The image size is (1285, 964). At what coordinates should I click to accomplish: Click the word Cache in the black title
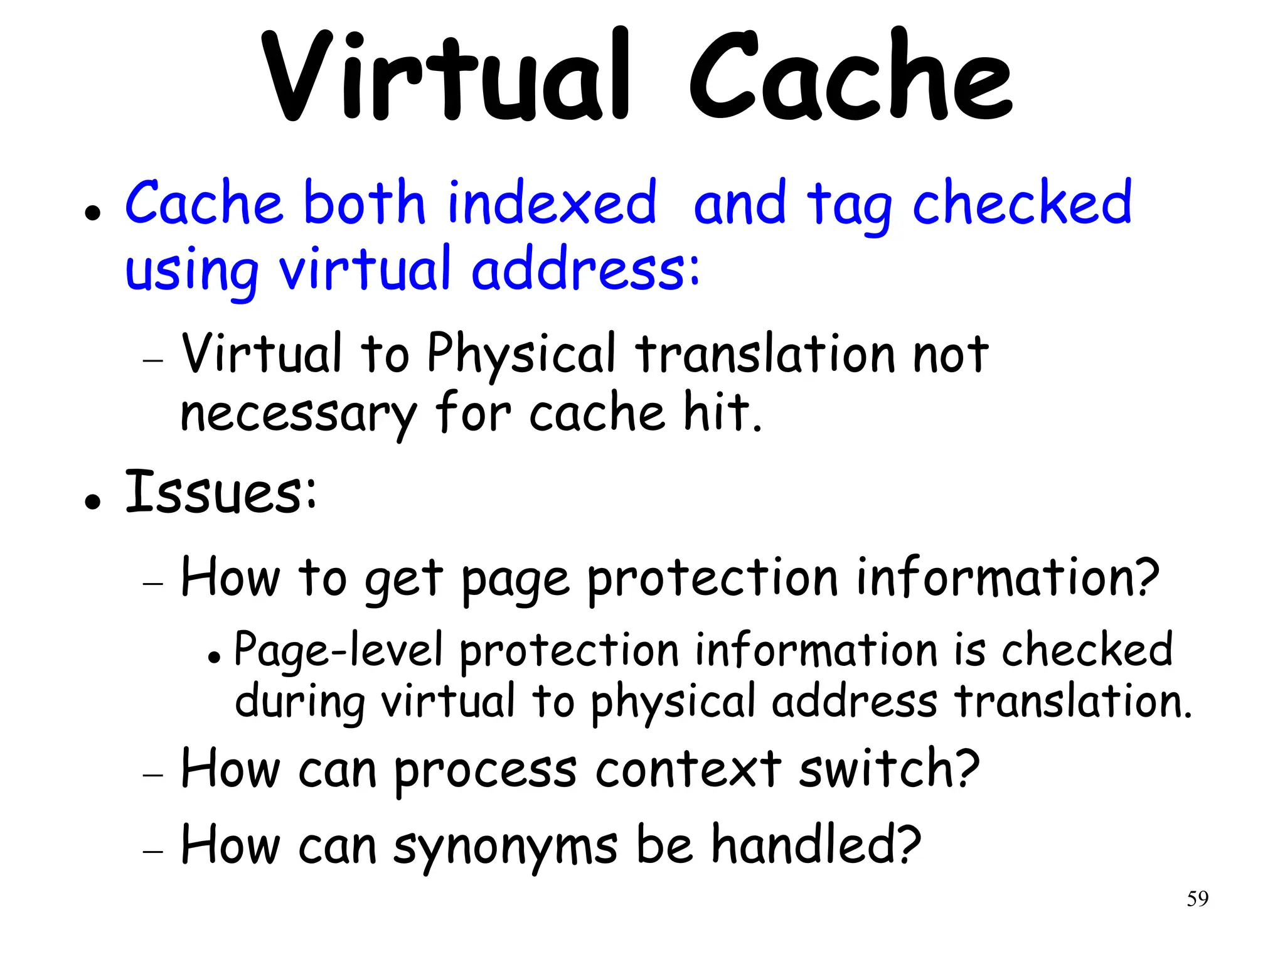point(850,75)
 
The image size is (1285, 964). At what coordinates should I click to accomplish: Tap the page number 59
point(1197,899)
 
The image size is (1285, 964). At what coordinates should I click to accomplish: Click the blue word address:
point(585,269)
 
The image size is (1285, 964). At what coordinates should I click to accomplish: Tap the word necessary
point(298,414)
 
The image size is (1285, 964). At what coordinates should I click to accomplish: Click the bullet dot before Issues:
point(93,502)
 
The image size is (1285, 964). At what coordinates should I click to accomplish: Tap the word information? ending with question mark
point(1007,577)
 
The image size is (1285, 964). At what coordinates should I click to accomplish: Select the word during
point(300,702)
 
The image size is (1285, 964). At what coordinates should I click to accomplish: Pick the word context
point(688,769)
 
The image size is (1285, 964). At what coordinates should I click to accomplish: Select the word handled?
point(816,845)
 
